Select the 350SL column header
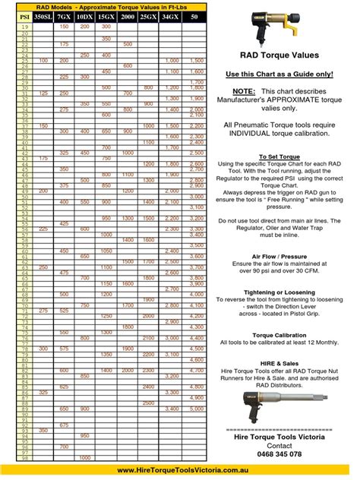(x=43, y=15)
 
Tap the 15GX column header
(x=106, y=15)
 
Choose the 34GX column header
(x=172, y=15)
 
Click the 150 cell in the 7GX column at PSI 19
(x=64, y=26)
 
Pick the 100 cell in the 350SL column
(x=43, y=60)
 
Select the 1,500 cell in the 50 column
(x=195, y=60)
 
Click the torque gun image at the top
(x=279, y=30)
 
